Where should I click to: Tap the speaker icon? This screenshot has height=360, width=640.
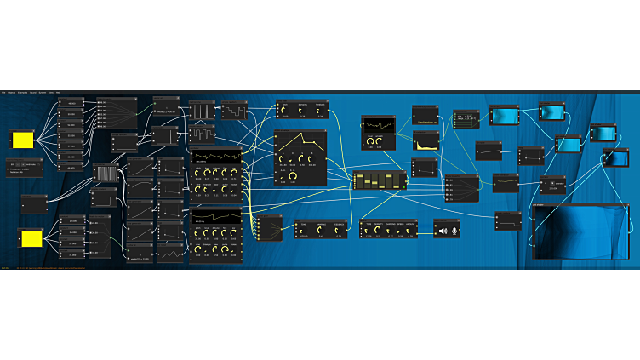[x=443, y=230]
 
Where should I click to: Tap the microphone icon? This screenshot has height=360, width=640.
[x=454, y=230]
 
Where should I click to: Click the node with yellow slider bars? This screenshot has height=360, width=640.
[x=380, y=181]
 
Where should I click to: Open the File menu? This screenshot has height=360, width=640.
[x=3, y=92]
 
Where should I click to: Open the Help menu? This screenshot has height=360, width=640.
[x=58, y=92]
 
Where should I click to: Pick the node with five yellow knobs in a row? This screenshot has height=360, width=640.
[x=216, y=174]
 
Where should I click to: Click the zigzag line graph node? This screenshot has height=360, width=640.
[x=170, y=253]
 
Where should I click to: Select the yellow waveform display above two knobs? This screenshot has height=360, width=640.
[x=378, y=128]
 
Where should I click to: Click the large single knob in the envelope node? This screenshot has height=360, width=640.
[x=292, y=176]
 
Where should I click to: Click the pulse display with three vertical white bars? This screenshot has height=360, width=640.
[x=201, y=111]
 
